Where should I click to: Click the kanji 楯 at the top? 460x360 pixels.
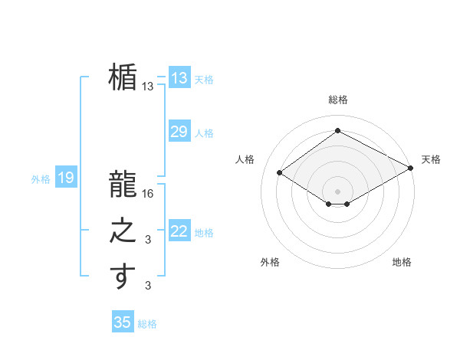pos(123,78)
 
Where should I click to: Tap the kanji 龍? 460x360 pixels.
pos(123,185)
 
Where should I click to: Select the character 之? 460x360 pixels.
pos(123,231)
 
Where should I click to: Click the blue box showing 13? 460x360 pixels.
pos(179,78)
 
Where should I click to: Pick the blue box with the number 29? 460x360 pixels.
pos(179,132)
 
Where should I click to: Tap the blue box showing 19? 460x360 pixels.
pos(66,178)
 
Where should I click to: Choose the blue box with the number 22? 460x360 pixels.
pos(179,231)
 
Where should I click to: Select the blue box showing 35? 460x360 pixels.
pos(123,322)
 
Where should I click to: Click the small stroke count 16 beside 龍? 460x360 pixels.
pos(149,195)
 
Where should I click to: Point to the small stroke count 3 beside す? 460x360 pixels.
pos(149,286)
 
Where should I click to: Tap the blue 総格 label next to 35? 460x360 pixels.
pos(147,324)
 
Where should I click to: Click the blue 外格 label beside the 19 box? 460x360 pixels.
pos(41,179)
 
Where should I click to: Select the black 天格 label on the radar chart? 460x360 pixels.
pos(431,159)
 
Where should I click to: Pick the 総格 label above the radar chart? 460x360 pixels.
pos(337,100)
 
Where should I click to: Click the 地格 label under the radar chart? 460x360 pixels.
pos(402,262)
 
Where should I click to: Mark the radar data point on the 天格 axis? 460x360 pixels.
pos(411,168)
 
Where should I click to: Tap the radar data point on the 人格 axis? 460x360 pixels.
pos(280,172)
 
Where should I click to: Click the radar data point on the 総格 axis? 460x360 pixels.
pos(337,131)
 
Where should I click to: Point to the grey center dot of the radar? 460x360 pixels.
pos(337,191)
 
